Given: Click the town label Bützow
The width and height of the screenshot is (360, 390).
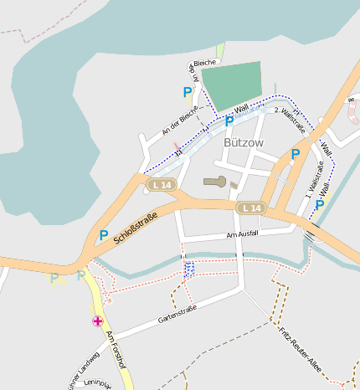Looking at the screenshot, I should click(x=244, y=142).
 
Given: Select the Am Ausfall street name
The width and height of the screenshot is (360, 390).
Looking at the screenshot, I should click(x=244, y=235).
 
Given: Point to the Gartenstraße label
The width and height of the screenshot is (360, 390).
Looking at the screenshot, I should click(x=177, y=315).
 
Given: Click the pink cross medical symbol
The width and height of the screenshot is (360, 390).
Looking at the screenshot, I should click(x=98, y=321).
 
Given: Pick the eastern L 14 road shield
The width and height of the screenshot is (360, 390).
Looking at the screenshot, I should click(x=249, y=207).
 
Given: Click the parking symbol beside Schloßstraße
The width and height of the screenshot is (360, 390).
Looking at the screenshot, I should click(x=104, y=235).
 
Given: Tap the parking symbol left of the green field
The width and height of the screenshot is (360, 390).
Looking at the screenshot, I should click(x=188, y=91).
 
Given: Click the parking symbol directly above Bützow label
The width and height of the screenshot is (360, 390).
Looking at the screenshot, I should click(x=229, y=122).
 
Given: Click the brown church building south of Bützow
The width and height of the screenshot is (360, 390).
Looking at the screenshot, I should click(x=215, y=181).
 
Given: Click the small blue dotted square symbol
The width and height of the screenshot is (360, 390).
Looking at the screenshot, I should click(x=188, y=268).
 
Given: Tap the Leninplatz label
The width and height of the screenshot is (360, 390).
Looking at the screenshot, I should click(x=98, y=384).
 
